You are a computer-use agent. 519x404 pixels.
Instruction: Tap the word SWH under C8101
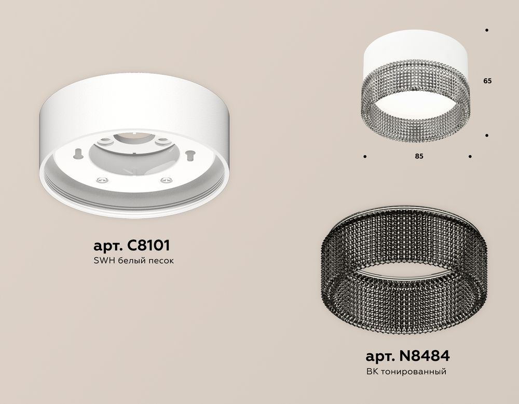pos(102,261)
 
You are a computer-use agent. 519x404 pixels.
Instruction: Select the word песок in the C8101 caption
pos(158,261)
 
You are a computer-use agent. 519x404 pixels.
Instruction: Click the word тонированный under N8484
pos(415,372)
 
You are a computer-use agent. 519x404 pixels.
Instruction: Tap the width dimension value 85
pos(419,156)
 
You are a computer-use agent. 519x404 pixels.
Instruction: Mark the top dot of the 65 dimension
pos(486,30)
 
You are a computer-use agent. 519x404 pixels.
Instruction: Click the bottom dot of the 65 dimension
pos(486,136)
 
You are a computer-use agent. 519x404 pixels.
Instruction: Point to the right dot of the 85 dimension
pos(470,156)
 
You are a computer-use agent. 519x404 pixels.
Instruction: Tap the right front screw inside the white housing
pos(166,180)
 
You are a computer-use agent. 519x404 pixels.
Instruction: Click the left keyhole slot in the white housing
pos(77,153)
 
